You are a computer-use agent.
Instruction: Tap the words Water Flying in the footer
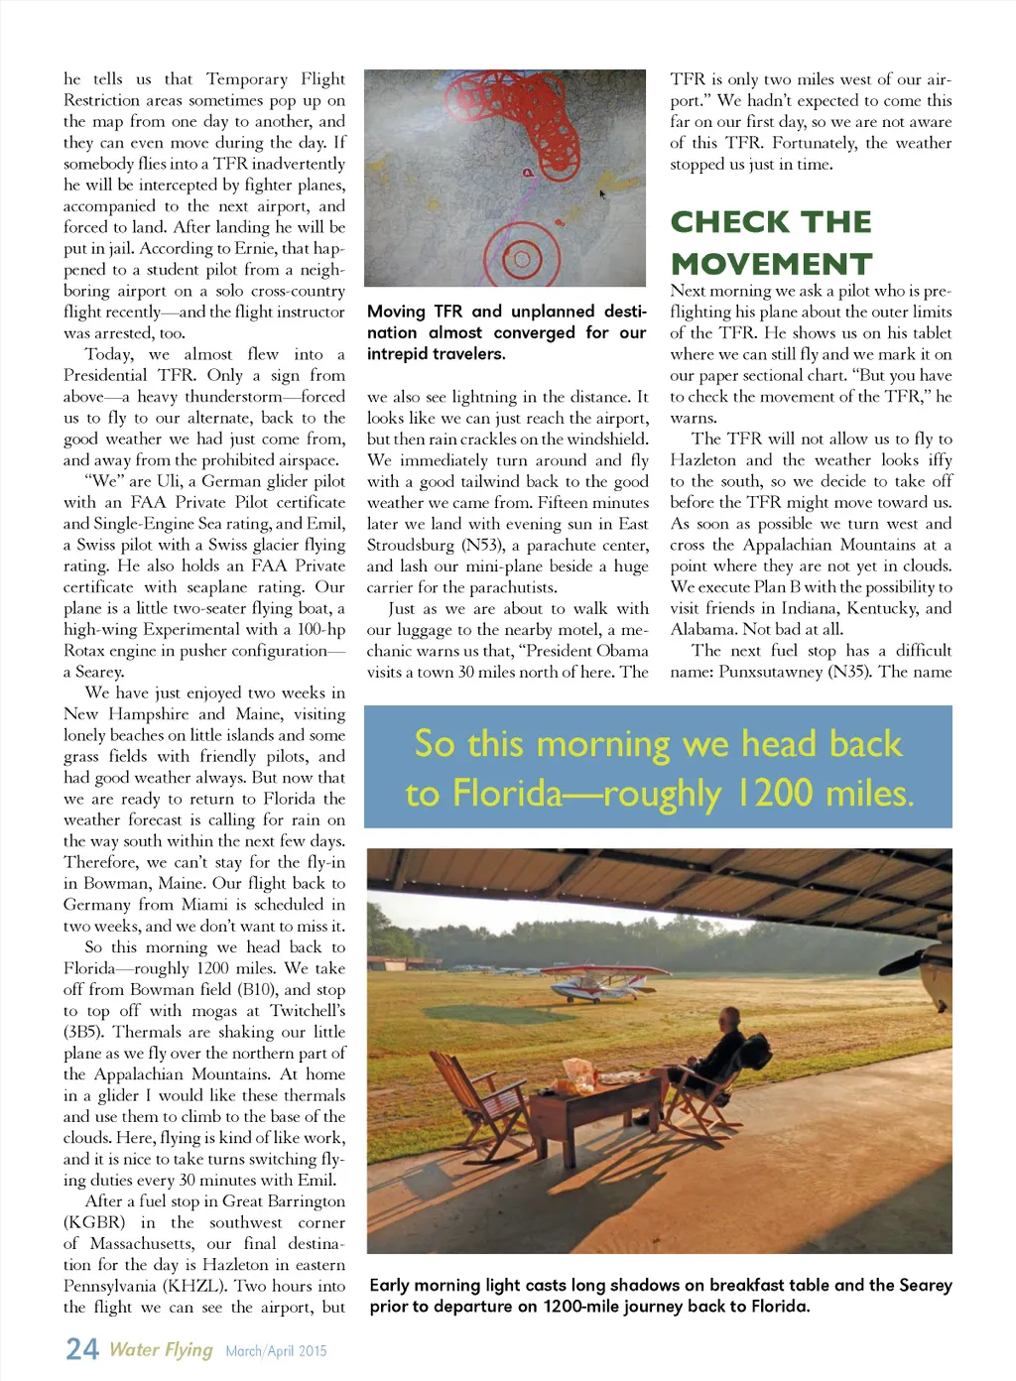coord(161,1349)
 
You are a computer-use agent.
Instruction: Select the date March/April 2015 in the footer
coord(276,1350)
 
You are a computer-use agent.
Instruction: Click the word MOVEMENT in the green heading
coord(771,264)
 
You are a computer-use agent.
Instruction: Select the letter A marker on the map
coord(528,174)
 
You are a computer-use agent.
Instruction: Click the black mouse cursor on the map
coord(601,193)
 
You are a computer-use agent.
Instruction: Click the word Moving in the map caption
coord(396,312)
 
